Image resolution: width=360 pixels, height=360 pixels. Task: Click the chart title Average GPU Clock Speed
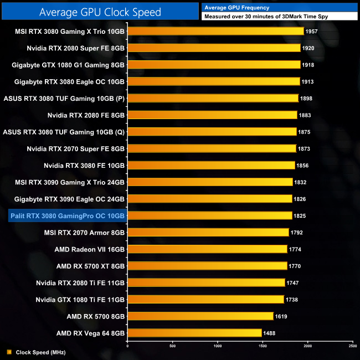(100, 12)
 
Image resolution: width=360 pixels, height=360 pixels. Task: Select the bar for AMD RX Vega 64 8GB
(194, 333)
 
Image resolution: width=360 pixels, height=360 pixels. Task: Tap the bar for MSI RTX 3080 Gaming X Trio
(215, 32)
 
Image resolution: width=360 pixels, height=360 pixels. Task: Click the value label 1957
(312, 32)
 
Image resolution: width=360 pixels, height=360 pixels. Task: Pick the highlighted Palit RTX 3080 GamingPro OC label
(67, 215)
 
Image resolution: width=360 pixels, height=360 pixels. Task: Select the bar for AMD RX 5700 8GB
(200, 316)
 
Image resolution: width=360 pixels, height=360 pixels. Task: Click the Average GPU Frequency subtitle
(236, 7)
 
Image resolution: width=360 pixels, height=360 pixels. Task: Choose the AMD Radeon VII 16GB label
(90, 249)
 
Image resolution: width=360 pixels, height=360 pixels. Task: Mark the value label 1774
(295, 249)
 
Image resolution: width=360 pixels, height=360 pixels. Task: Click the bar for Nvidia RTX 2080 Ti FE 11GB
(206, 282)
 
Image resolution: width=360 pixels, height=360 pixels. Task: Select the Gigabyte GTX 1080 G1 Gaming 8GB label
(68, 65)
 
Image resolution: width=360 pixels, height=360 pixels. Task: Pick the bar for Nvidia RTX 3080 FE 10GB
(211, 165)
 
